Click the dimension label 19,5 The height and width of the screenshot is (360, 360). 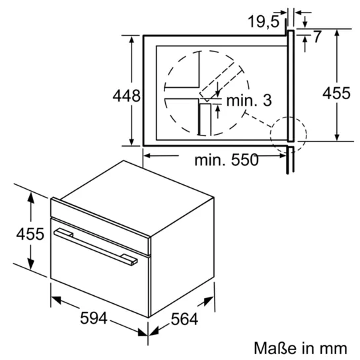coord(264,21)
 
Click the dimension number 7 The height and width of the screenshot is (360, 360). coord(317,36)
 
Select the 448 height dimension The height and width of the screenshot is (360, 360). coord(127,96)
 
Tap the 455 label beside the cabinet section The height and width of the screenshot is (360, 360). coord(337,93)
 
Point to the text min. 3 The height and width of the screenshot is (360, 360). coord(249,100)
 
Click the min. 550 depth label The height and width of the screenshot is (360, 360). coord(227,160)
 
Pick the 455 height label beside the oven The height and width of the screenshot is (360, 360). coord(30,234)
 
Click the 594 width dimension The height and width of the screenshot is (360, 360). coord(94,318)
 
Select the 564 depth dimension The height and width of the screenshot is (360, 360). coord(184,319)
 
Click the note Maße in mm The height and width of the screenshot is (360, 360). coord(301,348)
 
